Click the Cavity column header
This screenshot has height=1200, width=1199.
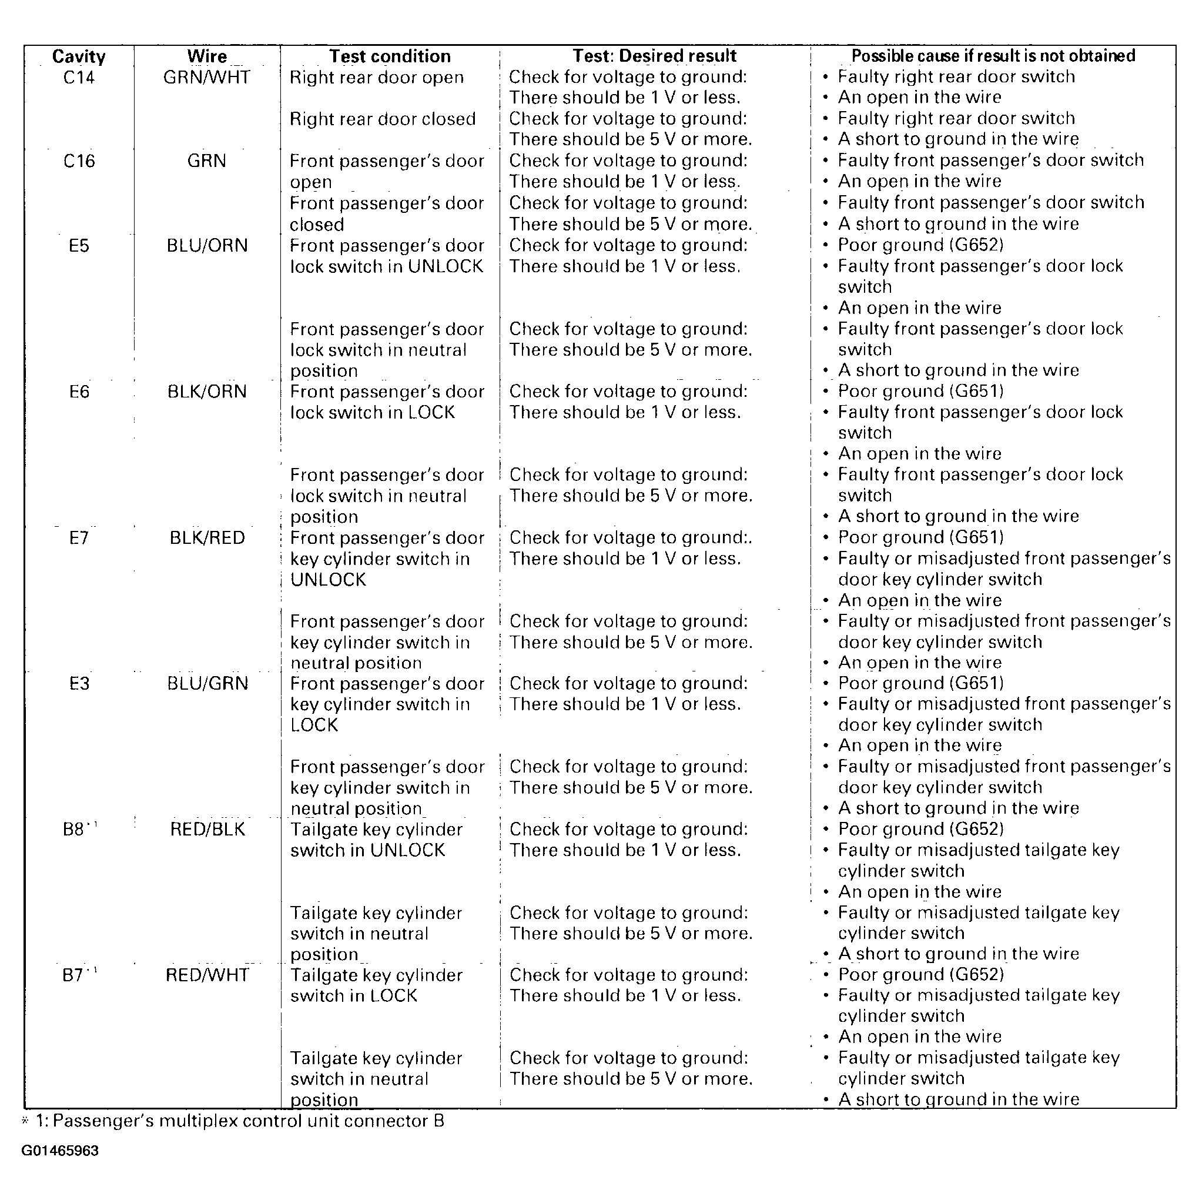tap(79, 56)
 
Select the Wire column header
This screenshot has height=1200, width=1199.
tap(207, 56)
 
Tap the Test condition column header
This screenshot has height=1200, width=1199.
tap(390, 56)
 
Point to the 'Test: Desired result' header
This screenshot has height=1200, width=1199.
tap(654, 56)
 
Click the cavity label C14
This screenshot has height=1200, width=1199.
tap(79, 78)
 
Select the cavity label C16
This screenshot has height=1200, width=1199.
tap(79, 162)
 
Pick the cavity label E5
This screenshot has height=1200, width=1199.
tap(79, 246)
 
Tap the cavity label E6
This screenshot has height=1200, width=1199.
tap(79, 392)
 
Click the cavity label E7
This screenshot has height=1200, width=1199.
tap(79, 538)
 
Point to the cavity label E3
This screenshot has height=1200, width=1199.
tap(79, 684)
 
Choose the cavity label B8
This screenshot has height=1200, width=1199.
tap(75, 830)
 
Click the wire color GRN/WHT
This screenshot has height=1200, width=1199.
tap(207, 78)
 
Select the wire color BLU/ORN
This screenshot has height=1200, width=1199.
tap(207, 246)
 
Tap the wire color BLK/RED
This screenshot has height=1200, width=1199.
tap(207, 538)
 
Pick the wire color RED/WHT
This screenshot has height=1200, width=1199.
tap(207, 975)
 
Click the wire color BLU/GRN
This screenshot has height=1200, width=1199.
tap(207, 684)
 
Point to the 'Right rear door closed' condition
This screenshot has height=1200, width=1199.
tap(383, 119)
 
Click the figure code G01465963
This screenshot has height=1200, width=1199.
tap(60, 1151)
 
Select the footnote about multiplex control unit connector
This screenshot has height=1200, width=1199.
tap(239, 1121)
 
